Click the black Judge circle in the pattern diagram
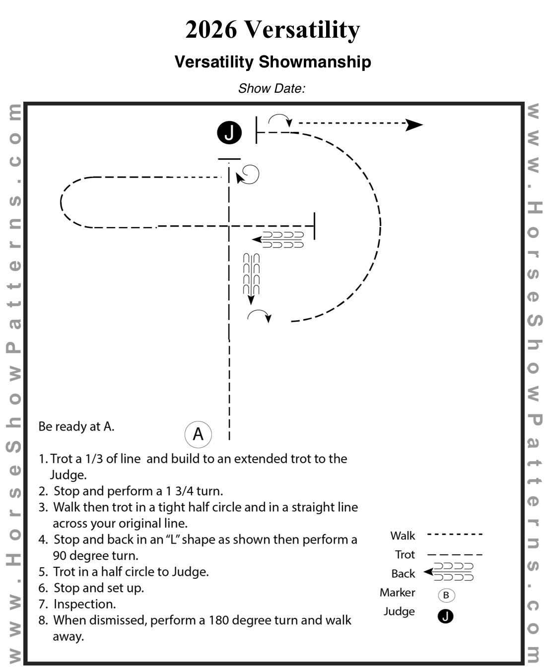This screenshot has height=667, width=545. click(x=229, y=133)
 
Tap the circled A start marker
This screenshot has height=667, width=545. click(x=198, y=434)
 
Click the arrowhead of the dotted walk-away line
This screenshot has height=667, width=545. click(x=414, y=124)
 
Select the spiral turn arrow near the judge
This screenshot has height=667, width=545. click(x=248, y=175)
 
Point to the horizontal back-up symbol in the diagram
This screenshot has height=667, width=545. click(x=278, y=240)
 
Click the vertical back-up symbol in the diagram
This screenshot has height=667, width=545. click(x=251, y=278)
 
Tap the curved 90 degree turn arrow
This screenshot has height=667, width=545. click(x=260, y=315)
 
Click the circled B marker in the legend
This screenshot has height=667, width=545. click(x=446, y=595)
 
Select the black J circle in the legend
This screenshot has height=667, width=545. click(x=446, y=616)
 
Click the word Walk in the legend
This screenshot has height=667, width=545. click(x=402, y=536)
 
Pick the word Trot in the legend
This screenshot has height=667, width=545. click(x=405, y=554)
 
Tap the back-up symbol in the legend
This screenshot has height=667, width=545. click(x=449, y=572)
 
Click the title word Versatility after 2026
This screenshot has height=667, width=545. click(x=302, y=30)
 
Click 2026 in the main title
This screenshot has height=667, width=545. click(x=211, y=30)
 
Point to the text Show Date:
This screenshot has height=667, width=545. click(x=272, y=89)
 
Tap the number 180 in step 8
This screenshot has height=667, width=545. click(x=220, y=620)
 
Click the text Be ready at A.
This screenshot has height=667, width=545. click(x=76, y=426)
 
